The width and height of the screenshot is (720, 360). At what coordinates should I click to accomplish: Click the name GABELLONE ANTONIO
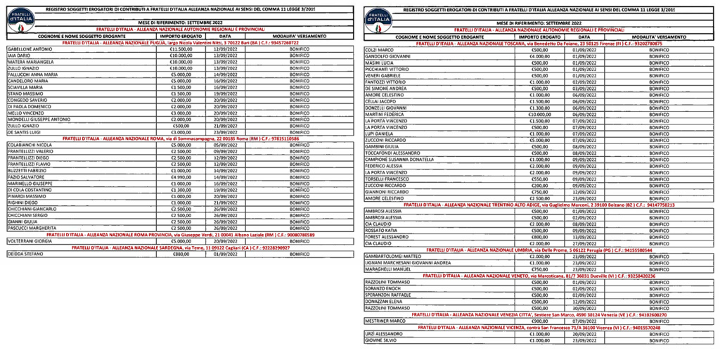(x=30, y=49)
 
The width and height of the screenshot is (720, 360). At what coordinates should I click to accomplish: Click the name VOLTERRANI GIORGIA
(x=32, y=241)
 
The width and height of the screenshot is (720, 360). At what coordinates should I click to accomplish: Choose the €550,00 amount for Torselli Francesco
(x=540, y=179)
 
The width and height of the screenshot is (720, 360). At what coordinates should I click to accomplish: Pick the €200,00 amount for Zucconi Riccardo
(x=540, y=185)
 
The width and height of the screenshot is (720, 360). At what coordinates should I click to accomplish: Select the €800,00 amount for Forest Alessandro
(x=540, y=237)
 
